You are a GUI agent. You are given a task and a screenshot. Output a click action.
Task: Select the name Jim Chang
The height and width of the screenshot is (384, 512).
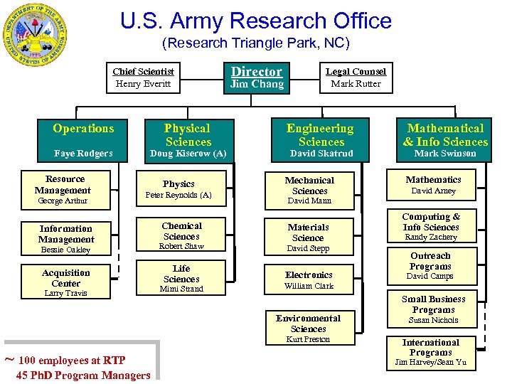257,84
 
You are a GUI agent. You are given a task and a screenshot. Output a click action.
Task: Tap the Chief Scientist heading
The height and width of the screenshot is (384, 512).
143,71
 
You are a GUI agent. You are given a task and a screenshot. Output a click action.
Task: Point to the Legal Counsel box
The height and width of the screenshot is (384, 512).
356,77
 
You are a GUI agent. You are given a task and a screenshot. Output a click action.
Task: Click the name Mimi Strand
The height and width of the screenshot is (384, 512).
181,289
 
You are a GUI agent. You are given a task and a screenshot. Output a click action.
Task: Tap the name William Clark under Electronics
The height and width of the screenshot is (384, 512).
309,286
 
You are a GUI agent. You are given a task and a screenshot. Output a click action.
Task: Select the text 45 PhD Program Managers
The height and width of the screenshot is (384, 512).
83,375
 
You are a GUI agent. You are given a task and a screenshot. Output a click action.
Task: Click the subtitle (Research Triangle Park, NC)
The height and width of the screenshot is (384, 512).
256,43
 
